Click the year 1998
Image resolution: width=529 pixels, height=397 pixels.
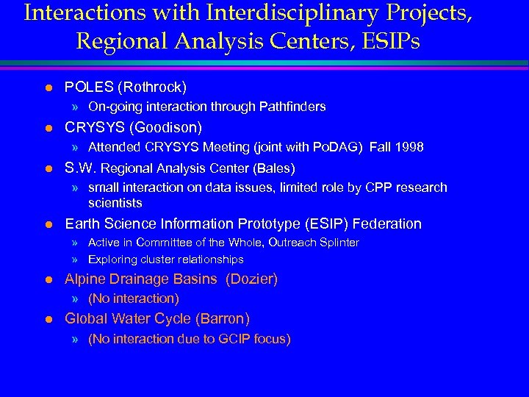click(x=409, y=147)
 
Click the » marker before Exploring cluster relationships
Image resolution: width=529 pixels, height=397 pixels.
click(x=76, y=260)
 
